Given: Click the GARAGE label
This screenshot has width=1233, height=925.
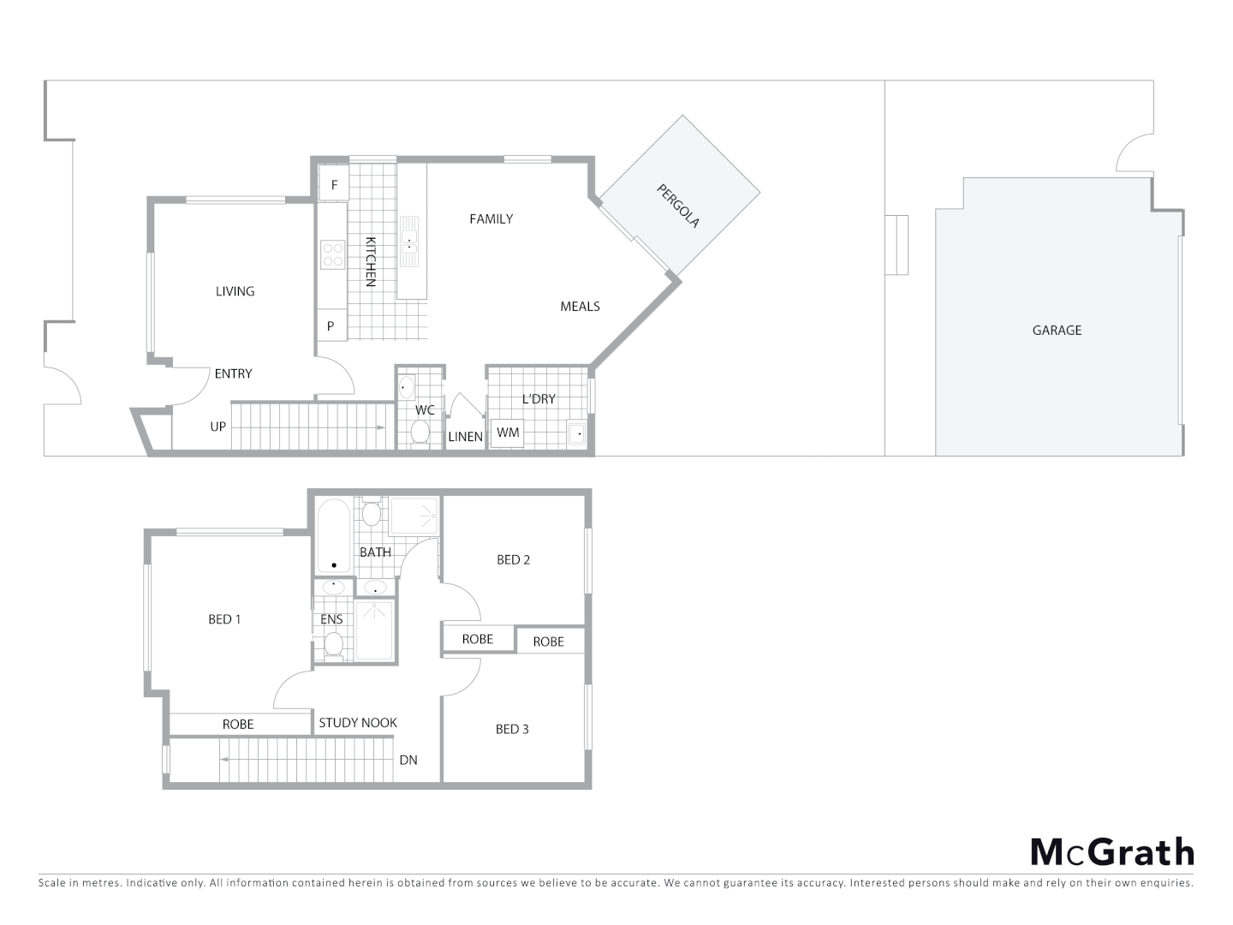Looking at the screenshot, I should [x=1057, y=330].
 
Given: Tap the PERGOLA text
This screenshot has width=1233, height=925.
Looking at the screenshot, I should [x=679, y=206].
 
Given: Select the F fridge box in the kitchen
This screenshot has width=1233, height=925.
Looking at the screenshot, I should [x=334, y=185].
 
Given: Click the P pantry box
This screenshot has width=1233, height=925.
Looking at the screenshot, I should [x=331, y=326].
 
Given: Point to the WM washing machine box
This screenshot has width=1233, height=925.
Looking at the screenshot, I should [x=508, y=433].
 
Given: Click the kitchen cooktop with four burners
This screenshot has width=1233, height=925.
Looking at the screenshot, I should [x=332, y=254].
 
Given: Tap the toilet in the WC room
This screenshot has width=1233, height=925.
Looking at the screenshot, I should [x=420, y=433].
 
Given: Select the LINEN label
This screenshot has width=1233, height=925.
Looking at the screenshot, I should [x=466, y=437].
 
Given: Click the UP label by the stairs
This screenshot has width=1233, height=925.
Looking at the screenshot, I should [x=218, y=427].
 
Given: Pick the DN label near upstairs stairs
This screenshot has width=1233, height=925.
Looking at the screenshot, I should [x=408, y=760].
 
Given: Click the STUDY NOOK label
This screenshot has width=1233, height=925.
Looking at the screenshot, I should [x=358, y=723].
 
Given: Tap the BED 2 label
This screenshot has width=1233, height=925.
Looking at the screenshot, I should [x=514, y=560].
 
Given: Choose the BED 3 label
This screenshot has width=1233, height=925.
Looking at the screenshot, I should [x=512, y=730].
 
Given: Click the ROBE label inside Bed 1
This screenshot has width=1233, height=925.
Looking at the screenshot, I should [x=238, y=725].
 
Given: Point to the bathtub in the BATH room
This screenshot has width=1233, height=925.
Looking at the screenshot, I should [x=334, y=537].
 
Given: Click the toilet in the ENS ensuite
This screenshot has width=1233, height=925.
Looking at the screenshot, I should [x=333, y=644].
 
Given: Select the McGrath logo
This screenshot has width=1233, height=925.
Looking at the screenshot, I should [x=1111, y=852].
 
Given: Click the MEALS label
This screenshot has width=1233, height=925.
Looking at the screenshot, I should [x=580, y=307].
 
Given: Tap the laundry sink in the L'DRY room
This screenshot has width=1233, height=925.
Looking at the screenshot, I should [x=577, y=433].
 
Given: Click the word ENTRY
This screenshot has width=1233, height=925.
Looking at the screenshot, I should [x=233, y=373].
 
